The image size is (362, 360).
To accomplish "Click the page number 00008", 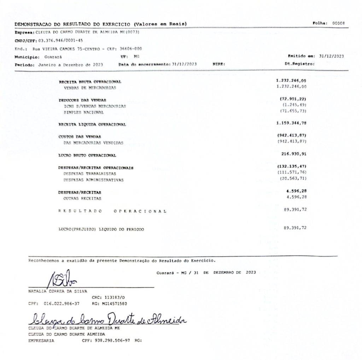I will tap(338, 23).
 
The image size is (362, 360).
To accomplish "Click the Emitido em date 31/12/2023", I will tap(332, 56).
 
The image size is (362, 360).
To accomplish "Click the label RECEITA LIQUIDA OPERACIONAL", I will tap(92, 125).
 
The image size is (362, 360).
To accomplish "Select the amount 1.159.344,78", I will tap(291, 123).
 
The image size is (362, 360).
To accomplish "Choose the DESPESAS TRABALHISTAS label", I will tap(89, 174).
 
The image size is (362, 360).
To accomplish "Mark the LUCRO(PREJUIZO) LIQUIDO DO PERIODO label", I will tap(101, 229).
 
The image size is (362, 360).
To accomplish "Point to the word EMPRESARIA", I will tap(41, 341).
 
